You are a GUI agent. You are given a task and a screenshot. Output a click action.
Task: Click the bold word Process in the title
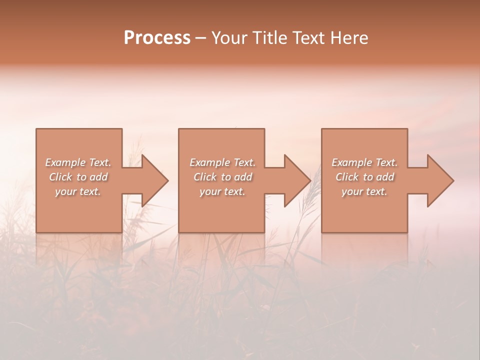click(x=157, y=38)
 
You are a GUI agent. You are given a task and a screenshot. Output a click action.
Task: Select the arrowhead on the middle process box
click(x=297, y=180)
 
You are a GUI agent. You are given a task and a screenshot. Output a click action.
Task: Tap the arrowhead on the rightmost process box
click(x=440, y=180)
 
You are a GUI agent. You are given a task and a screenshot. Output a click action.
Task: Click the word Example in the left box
click(x=65, y=162)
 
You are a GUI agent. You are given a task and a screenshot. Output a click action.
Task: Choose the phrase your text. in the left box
click(x=78, y=191)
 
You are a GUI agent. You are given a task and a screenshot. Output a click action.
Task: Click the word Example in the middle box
click(x=209, y=162)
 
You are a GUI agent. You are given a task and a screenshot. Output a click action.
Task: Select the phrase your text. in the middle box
click(x=222, y=191)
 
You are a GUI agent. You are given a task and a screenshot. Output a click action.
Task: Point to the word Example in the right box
click(x=351, y=162)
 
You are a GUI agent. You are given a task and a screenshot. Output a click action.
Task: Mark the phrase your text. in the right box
click(x=364, y=191)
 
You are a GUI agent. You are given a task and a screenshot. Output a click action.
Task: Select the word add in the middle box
click(x=243, y=177)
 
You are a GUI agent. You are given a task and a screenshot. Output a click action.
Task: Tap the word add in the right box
click(x=385, y=177)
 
